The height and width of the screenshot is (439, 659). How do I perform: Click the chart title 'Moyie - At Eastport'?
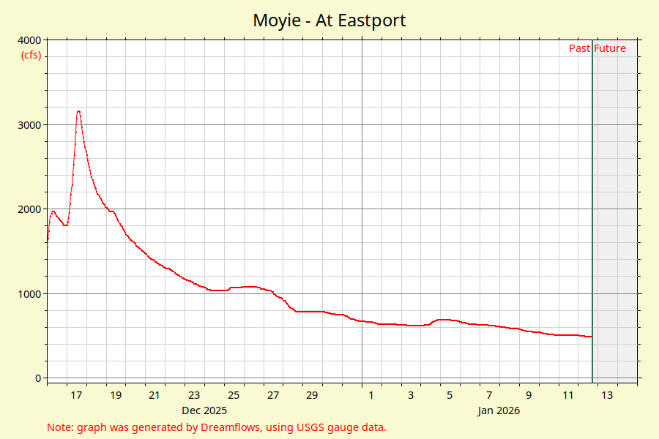pos(329,20)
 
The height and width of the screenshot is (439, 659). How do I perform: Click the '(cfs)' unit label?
pos(31,55)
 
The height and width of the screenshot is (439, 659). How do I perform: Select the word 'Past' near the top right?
pos(579,49)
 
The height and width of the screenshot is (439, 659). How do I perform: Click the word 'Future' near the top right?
pos(610,49)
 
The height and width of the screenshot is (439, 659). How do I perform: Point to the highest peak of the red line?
pos(78,111)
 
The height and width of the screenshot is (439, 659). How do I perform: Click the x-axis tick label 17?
pos(76,396)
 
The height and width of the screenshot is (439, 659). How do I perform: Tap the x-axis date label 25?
pos(234,396)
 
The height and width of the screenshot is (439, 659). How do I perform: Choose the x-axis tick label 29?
pos(312,396)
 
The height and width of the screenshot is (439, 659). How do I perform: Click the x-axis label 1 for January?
pos(371,396)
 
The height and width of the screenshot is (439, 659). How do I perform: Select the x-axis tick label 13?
pos(607,396)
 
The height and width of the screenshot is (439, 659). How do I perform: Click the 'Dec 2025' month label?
pos(204,411)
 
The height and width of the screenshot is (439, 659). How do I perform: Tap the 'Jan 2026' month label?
pos(499,411)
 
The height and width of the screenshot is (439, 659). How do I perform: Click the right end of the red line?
pos(591,337)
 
